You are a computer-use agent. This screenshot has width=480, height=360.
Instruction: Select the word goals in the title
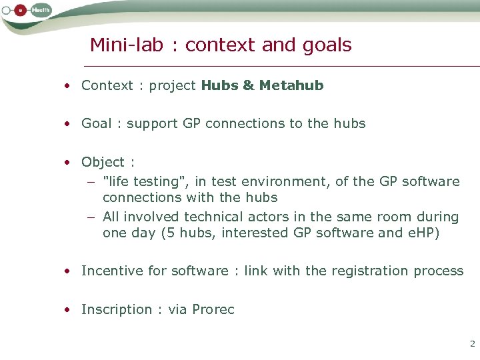325,45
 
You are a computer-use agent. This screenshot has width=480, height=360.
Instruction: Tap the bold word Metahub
291,85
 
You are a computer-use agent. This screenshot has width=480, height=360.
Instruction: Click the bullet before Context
68,86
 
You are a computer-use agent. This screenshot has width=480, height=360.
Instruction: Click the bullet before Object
68,163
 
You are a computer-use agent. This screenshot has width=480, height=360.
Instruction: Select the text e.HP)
419,233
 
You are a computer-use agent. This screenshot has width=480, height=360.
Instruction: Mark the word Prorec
213,309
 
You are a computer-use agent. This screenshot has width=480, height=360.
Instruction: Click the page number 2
472,344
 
